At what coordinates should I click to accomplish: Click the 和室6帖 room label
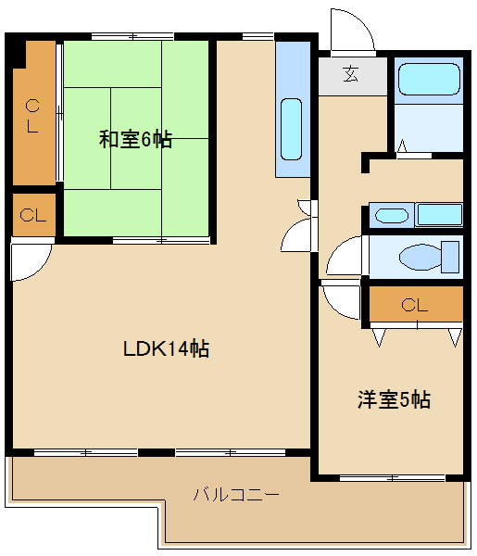[x=135, y=140]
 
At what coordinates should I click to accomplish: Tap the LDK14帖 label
[x=166, y=348]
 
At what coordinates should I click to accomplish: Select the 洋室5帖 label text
[x=395, y=400]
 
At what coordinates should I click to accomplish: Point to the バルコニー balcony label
[x=235, y=494]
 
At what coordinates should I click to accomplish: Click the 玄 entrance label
[x=353, y=75]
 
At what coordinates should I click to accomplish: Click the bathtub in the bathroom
[x=428, y=82]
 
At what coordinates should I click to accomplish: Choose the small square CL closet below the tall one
[x=33, y=216]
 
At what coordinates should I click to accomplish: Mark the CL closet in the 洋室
[x=415, y=304]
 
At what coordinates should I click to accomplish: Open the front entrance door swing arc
[x=352, y=32]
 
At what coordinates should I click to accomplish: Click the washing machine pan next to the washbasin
[x=439, y=215]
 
